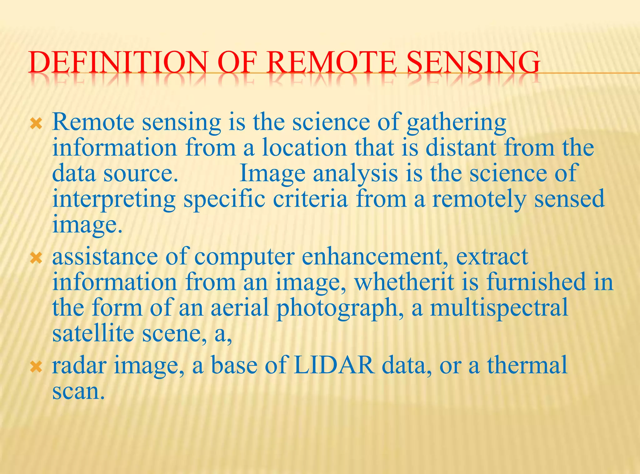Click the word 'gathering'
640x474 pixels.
[x=456, y=123]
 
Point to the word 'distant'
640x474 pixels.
[x=461, y=148]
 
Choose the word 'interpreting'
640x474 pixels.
[x=114, y=199]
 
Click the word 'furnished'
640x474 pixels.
[x=536, y=282]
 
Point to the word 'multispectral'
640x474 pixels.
[x=499, y=308]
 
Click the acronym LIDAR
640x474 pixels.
[x=334, y=365]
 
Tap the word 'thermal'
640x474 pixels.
[x=527, y=365]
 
